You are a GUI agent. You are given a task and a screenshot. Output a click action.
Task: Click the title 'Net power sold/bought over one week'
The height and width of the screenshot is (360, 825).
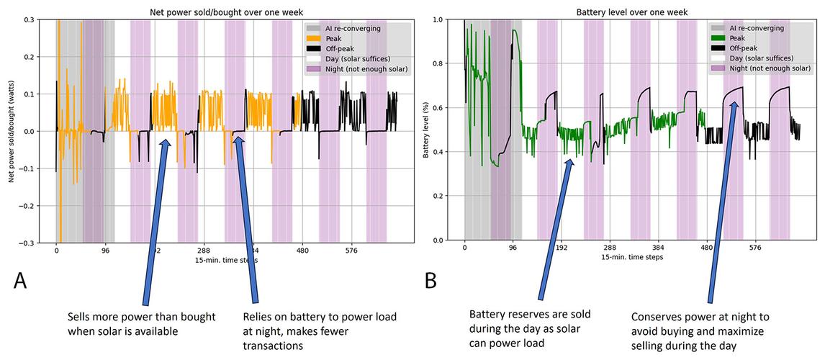pyautogui.click(x=225, y=12)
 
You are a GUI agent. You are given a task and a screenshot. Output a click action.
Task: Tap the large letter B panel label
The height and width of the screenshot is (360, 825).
pyautogui.click(x=430, y=280)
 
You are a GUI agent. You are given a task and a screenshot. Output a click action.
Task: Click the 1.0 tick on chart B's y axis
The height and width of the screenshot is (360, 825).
pyautogui.click(x=447, y=19)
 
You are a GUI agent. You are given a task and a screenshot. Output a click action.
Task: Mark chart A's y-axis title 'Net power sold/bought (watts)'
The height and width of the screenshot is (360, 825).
pyautogui.click(x=13, y=130)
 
